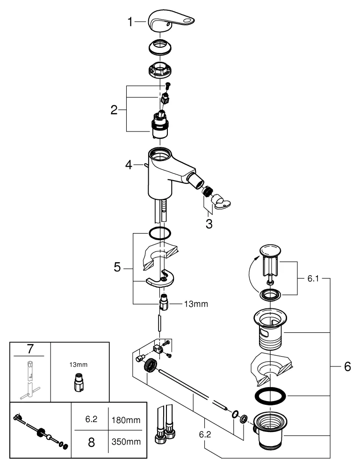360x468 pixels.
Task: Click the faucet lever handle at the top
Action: pos(171,21)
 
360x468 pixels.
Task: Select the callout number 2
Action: pos(114,110)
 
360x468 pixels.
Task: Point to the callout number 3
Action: pos(209,224)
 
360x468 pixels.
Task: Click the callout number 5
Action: pos(117,268)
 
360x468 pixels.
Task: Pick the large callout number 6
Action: pos(346,367)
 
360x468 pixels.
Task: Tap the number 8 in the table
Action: pos(89,442)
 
